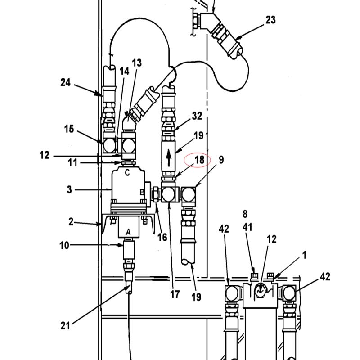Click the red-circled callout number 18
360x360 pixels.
click(x=199, y=160)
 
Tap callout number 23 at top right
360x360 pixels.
click(x=270, y=20)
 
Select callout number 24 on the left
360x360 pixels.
click(x=65, y=82)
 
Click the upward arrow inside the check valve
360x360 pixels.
click(x=169, y=157)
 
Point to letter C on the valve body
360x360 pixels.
click(x=127, y=172)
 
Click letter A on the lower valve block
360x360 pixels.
click(x=128, y=232)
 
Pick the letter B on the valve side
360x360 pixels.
click(x=142, y=192)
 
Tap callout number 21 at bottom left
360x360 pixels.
click(x=65, y=325)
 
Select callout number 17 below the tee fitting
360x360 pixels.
click(x=175, y=294)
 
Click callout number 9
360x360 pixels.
click(x=221, y=160)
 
